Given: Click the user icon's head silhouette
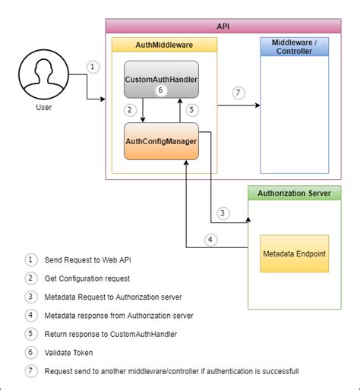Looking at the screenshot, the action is [43, 71].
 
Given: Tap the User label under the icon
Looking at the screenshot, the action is [43, 107].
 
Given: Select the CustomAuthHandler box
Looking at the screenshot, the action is [161, 80].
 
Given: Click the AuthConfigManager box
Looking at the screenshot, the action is [161, 141].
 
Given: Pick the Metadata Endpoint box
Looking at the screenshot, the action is [295, 253].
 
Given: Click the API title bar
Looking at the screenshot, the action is [223, 26].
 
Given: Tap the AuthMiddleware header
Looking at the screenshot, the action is [164, 45].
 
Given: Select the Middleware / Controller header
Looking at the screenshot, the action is [295, 46].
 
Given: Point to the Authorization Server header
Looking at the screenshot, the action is [295, 193].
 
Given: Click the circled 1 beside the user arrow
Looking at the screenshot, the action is [93, 67].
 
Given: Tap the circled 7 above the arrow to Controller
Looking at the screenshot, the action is [238, 93].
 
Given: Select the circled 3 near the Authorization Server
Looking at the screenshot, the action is [223, 213].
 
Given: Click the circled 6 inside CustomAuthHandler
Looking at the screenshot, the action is [160, 90].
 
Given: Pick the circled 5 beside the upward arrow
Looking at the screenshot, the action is [191, 110].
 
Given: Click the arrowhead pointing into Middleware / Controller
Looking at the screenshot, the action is [258, 105].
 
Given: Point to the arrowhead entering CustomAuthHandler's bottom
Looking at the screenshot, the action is [180, 101].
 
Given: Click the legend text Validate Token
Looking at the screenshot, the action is [68, 353].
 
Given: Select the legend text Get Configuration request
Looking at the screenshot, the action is [87, 278].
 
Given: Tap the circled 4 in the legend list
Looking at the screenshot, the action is [31, 316].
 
